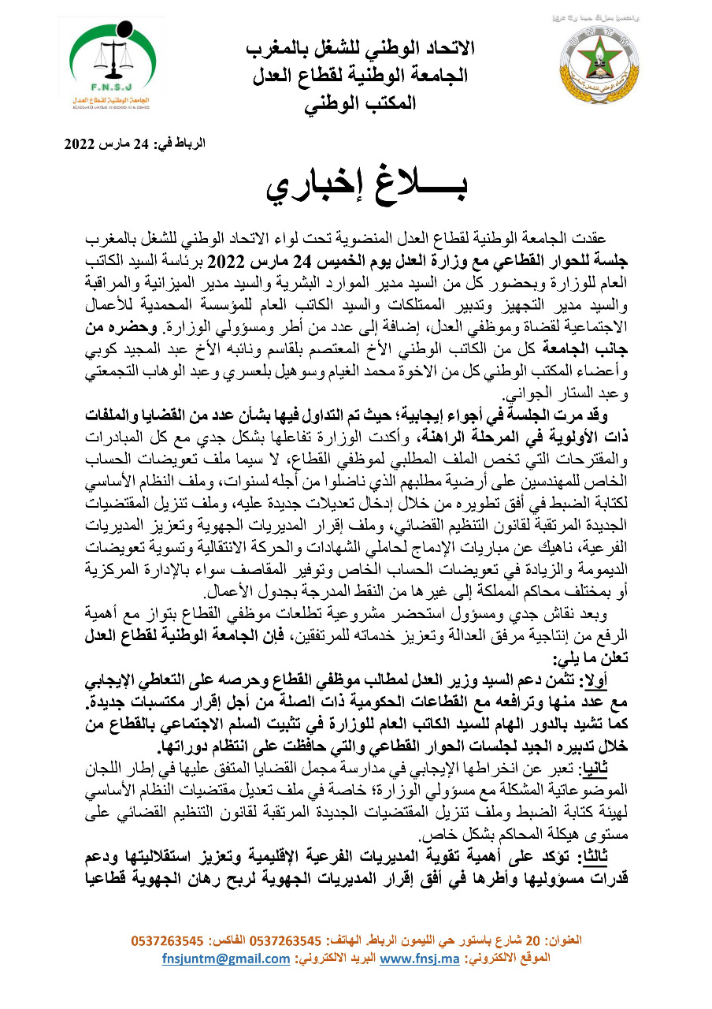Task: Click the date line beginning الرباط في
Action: point(135,144)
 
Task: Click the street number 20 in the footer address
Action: point(533,941)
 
